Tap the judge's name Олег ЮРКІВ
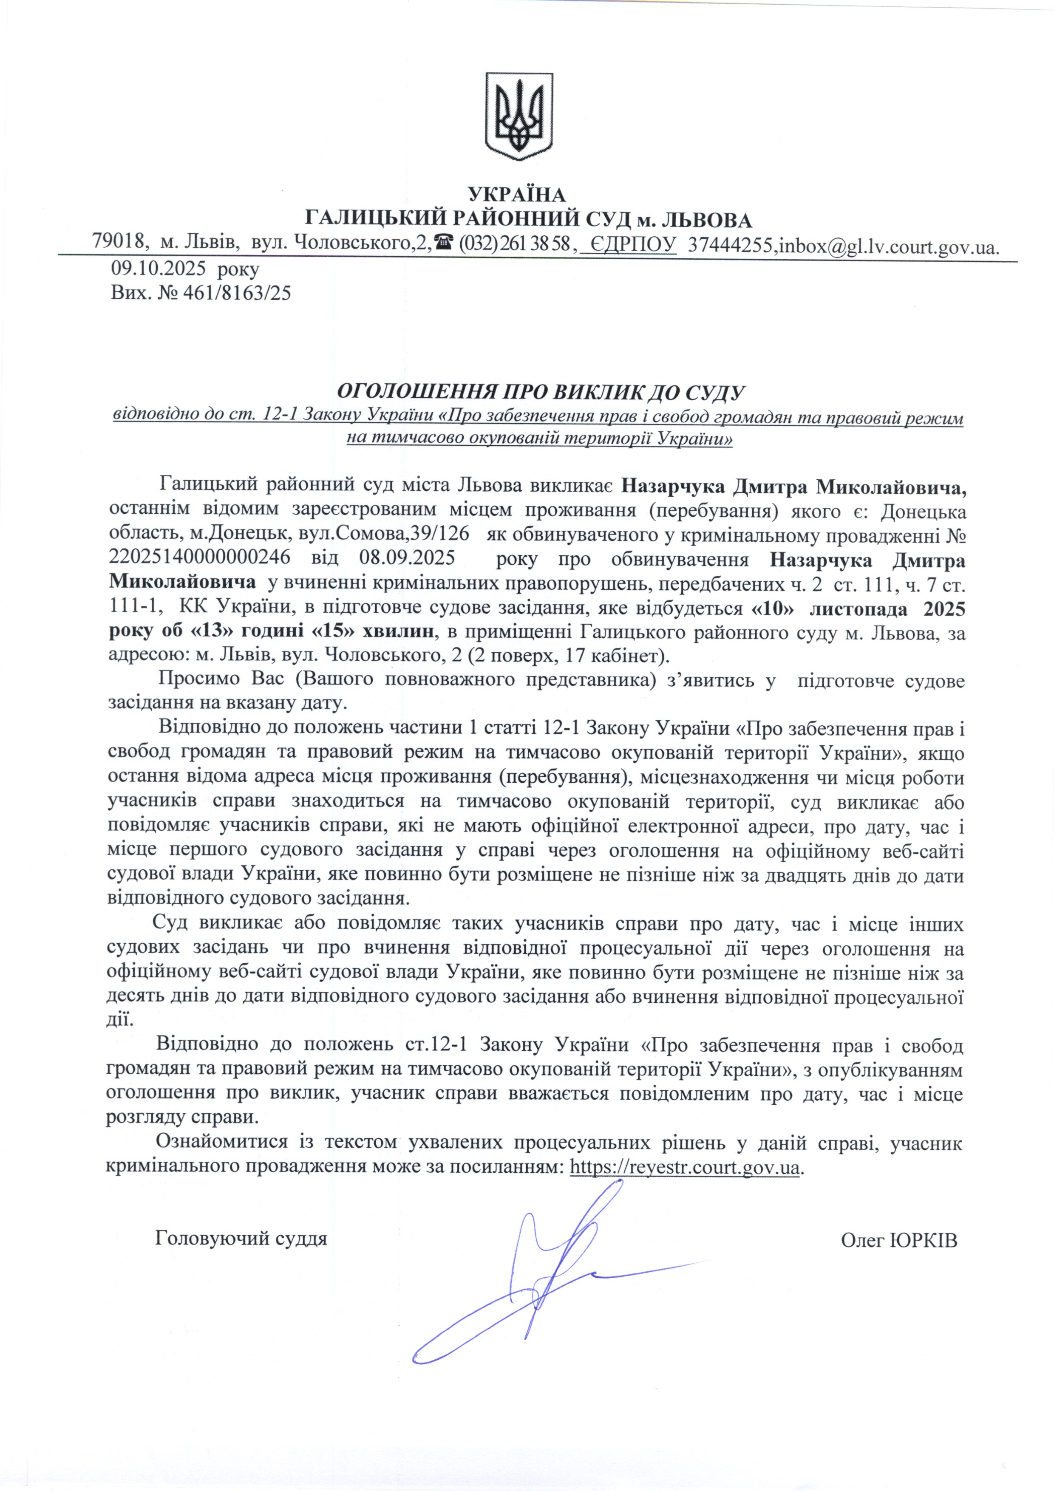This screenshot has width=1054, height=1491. point(899,1240)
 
